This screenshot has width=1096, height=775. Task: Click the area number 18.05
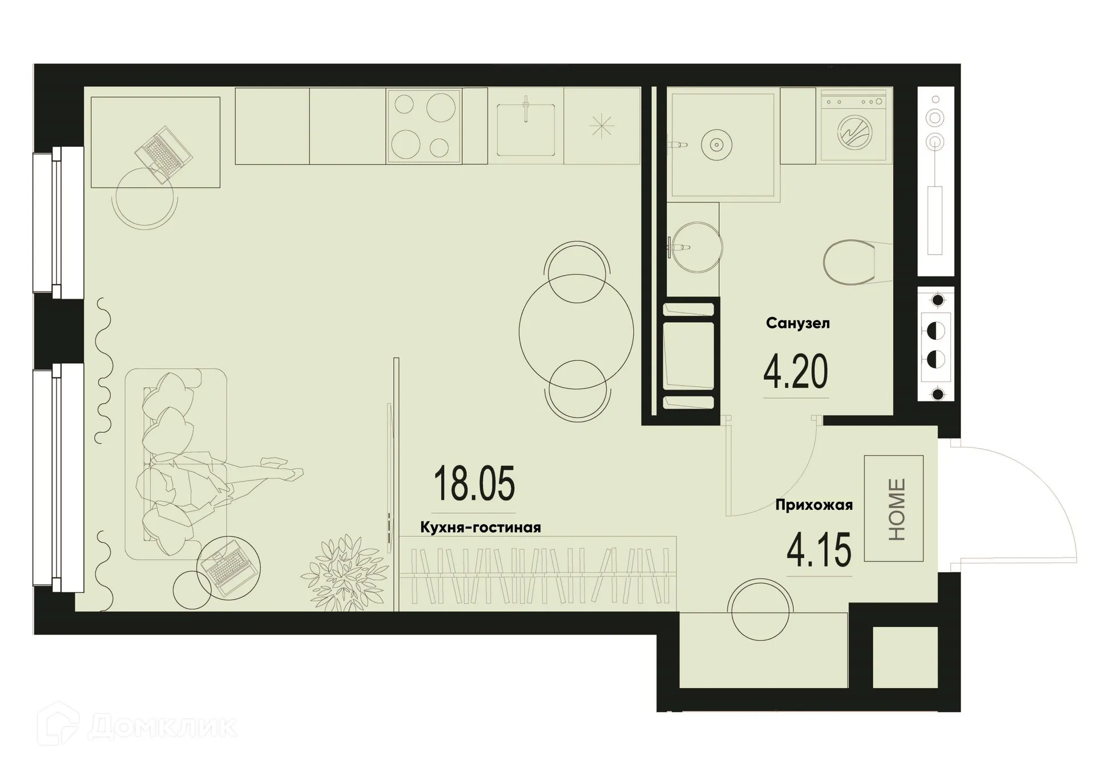(x=474, y=483)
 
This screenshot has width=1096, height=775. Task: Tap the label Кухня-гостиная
(x=480, y=527)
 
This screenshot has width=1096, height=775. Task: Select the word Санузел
(x=797, y=323)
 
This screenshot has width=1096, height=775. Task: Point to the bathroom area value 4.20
(x=795, y=372)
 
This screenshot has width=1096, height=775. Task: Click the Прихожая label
(x=813, y=505)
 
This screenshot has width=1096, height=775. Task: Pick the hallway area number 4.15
(x=819, y=550)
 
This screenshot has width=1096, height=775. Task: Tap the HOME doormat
(x=893, y=508)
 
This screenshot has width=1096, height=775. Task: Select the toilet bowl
(x=849, y=263)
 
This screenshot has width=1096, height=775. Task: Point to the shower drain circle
(x=716, y=144)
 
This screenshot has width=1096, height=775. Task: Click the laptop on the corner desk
(x=163, y=154)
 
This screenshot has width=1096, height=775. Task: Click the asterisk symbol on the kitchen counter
(x=602, y=126)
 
